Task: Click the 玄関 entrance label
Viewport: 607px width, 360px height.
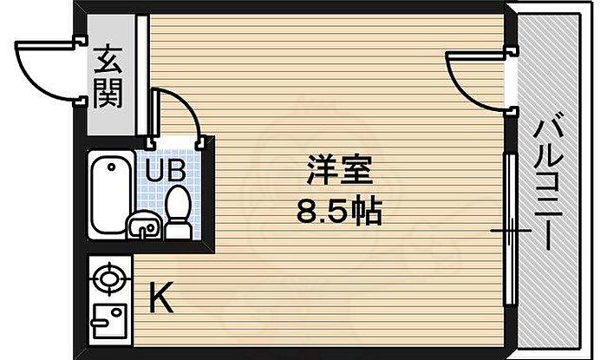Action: click(108, 75)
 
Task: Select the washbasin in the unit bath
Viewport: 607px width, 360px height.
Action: click(144, 227)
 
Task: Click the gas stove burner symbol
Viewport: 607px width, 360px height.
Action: click(108, 280)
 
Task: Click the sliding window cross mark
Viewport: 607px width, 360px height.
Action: click(509, 231)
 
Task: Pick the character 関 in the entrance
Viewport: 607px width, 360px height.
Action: click(108, 91)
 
